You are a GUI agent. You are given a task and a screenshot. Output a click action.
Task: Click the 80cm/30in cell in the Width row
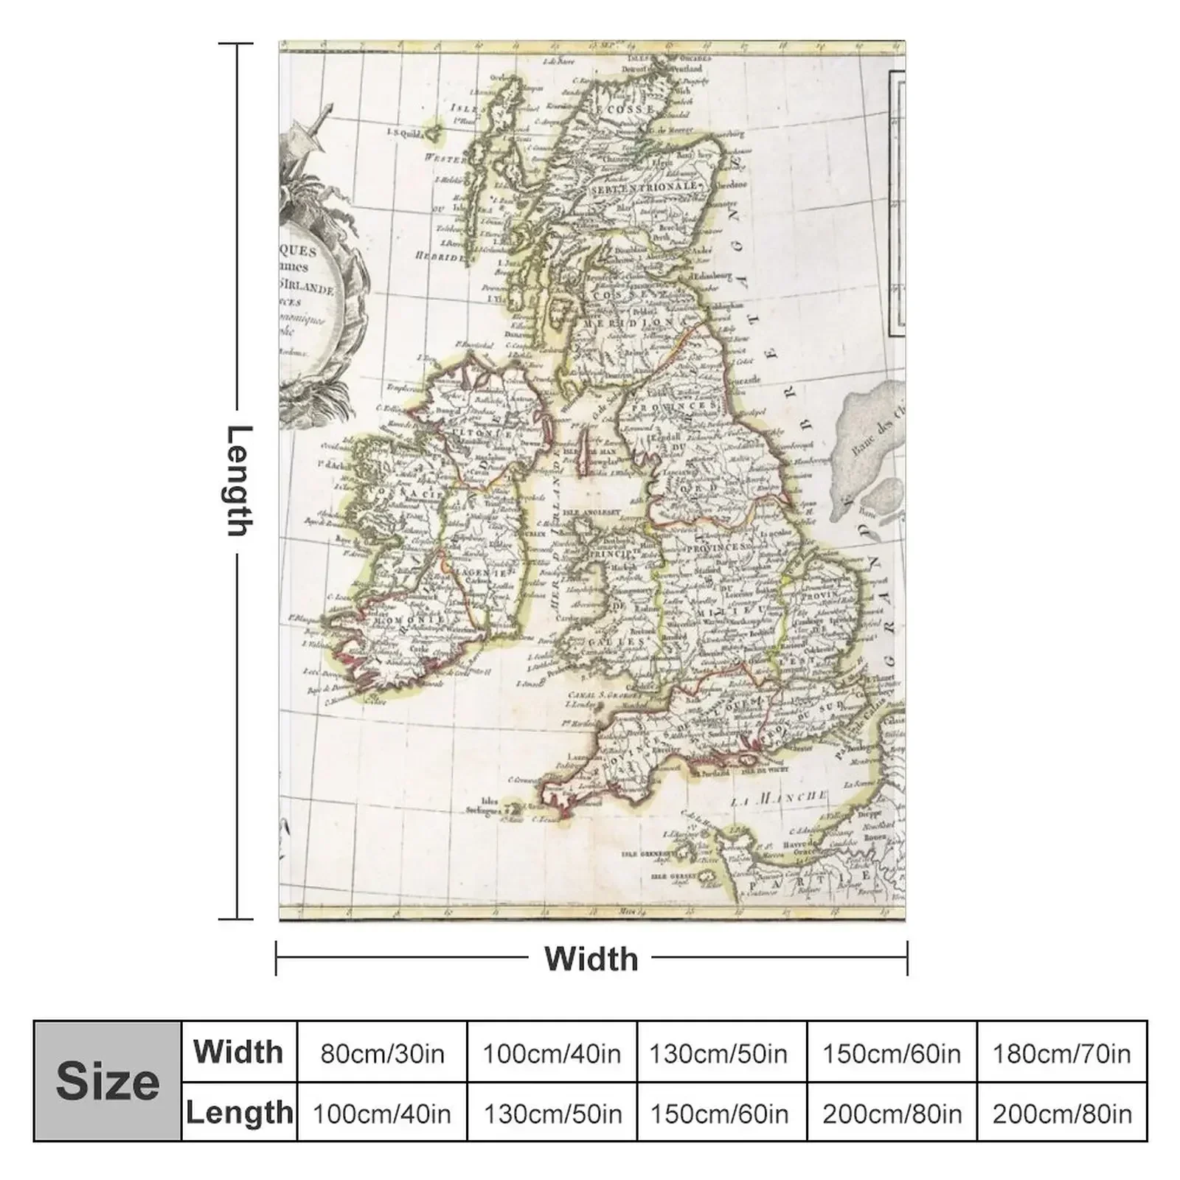[x=382, y=1053]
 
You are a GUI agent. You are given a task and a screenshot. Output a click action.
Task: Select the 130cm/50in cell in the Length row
[x=552, y=1113]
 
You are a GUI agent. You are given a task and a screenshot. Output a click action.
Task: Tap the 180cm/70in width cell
[x=1061, y=1053]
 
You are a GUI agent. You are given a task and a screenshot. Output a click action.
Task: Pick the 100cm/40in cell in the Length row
[x=382, y=1113]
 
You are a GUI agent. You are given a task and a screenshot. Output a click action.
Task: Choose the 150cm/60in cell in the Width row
[x=891, y=1053]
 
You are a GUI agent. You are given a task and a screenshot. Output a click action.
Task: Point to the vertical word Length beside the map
[x=238, y=480]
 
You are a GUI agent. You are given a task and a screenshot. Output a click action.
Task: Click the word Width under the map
[x=591, y=959]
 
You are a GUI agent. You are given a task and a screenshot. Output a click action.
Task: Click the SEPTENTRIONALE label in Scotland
[x=643, y=188]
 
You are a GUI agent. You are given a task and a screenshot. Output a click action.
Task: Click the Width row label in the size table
[x=238, y=1052]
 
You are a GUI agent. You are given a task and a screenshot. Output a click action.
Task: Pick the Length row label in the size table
[x=238, y=1113]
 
